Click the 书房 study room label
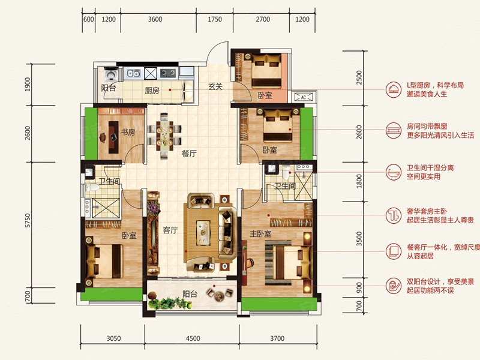click(x=128, y=133)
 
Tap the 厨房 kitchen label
click(x=152, y=91)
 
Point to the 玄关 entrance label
click(x=215, y=86)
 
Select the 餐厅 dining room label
click(x=189, y=154)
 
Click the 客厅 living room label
click(x=170, y=230)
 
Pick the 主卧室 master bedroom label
click(x=260, y=234)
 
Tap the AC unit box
click(x=304, y=97)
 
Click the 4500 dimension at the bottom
click(x=193, y=338)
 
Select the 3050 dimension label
click(x=113, y=338)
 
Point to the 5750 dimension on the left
click(x=28, y=220)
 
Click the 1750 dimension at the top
click(x=215, y=19)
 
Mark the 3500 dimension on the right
click(x=359, y=238)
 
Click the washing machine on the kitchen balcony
click(x=110, y=74)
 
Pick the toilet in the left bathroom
click(x=92, y=187)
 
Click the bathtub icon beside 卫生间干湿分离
click(x=394, y=172)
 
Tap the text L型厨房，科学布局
click(x=435, y=85)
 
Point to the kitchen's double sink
click(x=134, y=73)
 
